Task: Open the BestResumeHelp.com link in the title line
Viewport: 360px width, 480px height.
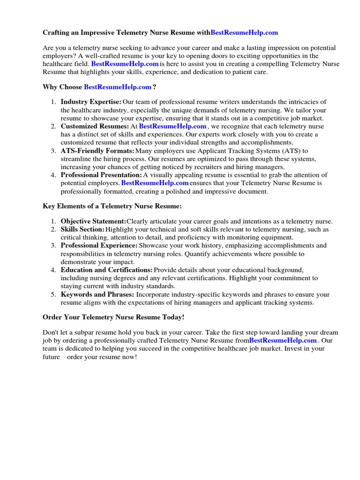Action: click(244, 32)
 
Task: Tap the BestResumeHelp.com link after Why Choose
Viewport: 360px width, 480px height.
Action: click(118, 87)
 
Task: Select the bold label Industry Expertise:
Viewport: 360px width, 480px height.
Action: click(91, 102)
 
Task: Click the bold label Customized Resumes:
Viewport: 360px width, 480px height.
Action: click(95, 126)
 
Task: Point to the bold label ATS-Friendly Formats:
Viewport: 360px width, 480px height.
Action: click(97, 150)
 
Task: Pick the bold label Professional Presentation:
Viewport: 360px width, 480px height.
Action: click(101, 175)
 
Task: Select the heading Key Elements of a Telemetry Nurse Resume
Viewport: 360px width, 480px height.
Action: click(112, 206)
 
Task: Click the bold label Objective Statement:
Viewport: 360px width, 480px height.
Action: click(93, 221)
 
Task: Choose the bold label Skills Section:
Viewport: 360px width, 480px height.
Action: click(82, 229)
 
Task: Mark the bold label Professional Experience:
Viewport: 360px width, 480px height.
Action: click(99, 245)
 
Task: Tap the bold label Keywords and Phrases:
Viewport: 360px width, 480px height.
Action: click(97, 294)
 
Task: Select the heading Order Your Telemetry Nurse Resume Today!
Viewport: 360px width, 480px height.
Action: click(113, 317)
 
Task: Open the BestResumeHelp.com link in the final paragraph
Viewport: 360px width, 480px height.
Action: click(283, 340)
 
